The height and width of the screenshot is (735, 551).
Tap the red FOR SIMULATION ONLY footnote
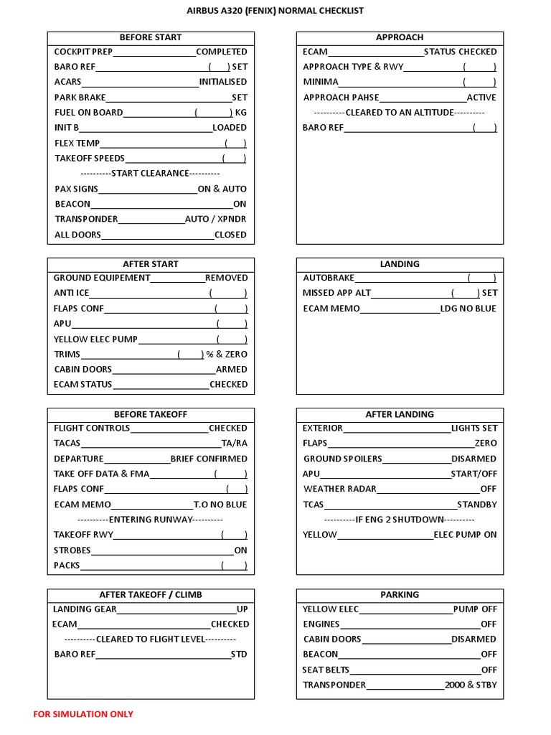(x=83, y=714)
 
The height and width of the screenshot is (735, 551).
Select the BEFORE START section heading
(x=151, y=37)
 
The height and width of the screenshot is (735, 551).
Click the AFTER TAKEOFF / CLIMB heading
(x=151, y=595)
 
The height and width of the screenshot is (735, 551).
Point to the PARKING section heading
(x=400, y=595)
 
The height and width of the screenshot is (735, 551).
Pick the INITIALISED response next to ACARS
(x=223, y=82)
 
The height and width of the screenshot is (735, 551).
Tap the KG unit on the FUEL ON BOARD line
(x=241, y=113)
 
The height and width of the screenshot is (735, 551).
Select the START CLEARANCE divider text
(x=150, y=174)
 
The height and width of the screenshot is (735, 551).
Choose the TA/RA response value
(x=234, y=444)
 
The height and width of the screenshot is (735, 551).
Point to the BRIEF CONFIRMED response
(x=209, y=459)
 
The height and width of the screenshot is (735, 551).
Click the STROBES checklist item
(x=72, y=551)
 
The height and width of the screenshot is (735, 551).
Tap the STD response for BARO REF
(x=239, y=655)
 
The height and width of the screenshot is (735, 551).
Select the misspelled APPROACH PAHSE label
(x=342, y=98)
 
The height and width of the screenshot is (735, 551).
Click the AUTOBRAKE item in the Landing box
(x=329, y=278)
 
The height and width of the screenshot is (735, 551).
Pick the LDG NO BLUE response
(x=468, y=309)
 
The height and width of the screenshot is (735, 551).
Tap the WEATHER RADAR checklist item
(x=336, y=490)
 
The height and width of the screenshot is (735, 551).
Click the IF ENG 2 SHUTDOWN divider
(x=400, y=520)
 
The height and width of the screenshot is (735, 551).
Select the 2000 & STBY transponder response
(x=471, y=685)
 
